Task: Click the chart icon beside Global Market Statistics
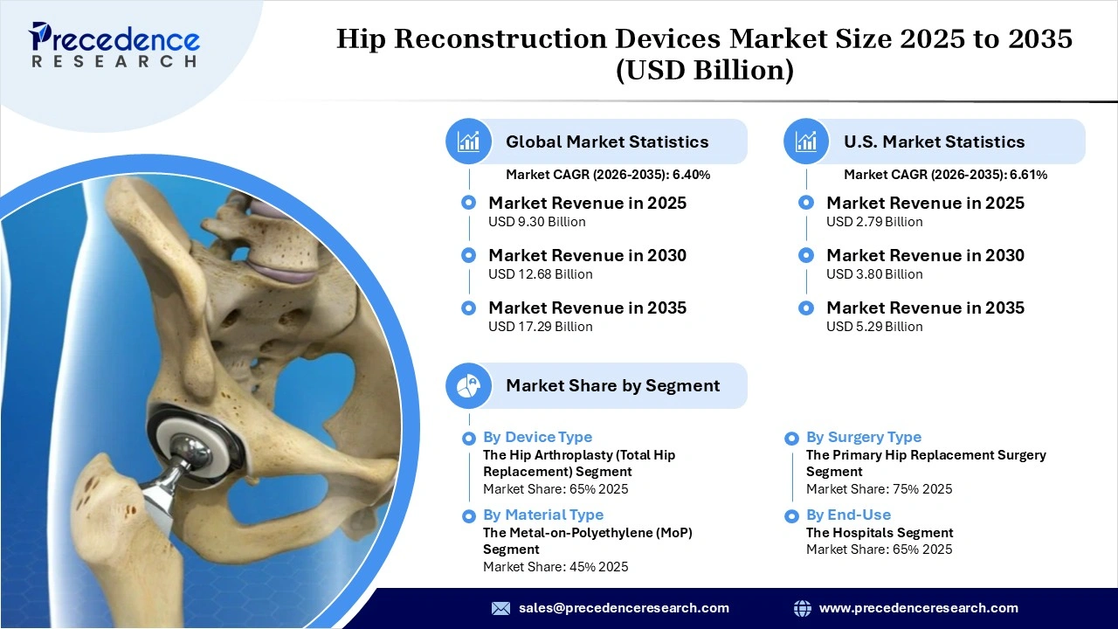click(469, 142)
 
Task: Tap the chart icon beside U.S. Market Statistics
click(806, 142)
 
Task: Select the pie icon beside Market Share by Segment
click(469, 385)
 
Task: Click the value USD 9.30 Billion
click(536, 222)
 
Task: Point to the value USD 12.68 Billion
click(540, 274)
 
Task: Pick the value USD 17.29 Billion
click(540, 327)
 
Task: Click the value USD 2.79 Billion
click(874, 222)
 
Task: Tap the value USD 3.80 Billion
click(874, 274)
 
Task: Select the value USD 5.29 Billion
click(874, 327)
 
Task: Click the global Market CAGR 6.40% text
click(608, 175)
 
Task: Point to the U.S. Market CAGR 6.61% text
click(945, 175)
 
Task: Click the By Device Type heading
click(537, 437)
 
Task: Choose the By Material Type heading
click(543, 515)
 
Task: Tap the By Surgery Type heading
click(863, 437)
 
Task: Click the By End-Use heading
click(848, 515)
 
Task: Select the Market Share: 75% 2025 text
click(879, 489)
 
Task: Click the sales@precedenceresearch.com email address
click(624, 608)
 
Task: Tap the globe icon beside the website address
click(802, 608)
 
